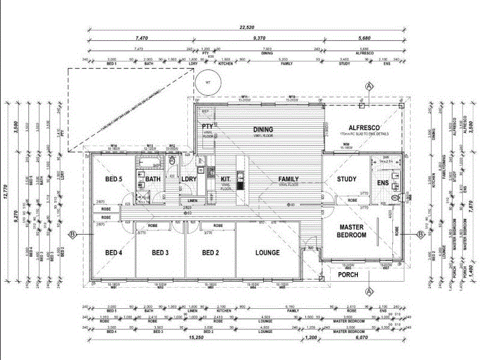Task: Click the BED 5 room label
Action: coord(114,179)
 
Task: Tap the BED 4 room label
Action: coord(114,253)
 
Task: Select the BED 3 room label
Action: coord(160,253)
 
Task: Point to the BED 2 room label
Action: coord(210,253)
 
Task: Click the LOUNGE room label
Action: coord(268,253)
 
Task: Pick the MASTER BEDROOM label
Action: coord(352,231)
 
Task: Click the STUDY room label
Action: coord(348,179)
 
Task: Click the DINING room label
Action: coord(263,129)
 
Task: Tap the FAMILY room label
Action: coord(289,179)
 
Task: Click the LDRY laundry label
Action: coord(189,179)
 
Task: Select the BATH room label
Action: coord(152,179)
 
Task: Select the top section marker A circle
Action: coord(369,87)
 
